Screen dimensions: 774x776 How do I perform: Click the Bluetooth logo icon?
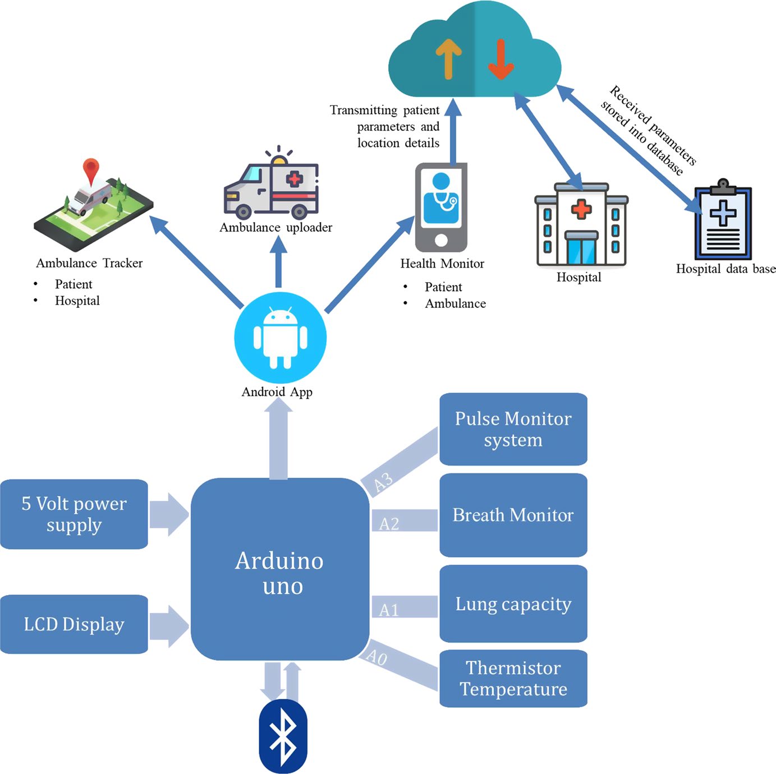283,735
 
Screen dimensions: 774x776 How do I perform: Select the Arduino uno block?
280,569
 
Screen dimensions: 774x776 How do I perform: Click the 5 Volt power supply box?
74,514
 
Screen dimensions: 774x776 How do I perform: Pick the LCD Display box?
74,624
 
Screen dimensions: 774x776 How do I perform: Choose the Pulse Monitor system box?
513,429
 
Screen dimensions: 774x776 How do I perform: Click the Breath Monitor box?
513,515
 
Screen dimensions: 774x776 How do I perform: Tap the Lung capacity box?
513,603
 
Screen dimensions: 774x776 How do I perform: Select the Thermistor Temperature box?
513,678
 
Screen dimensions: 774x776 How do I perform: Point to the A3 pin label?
383,482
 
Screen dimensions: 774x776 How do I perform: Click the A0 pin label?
376,656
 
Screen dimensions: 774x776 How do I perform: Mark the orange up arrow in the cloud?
448,59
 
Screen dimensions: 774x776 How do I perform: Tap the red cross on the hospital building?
581,209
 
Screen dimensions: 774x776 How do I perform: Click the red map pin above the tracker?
91,169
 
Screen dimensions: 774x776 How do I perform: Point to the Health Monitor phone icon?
441,208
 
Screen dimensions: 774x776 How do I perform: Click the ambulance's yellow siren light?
279,160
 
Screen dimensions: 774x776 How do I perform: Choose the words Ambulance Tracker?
89,263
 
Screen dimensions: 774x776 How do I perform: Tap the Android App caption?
277,392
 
